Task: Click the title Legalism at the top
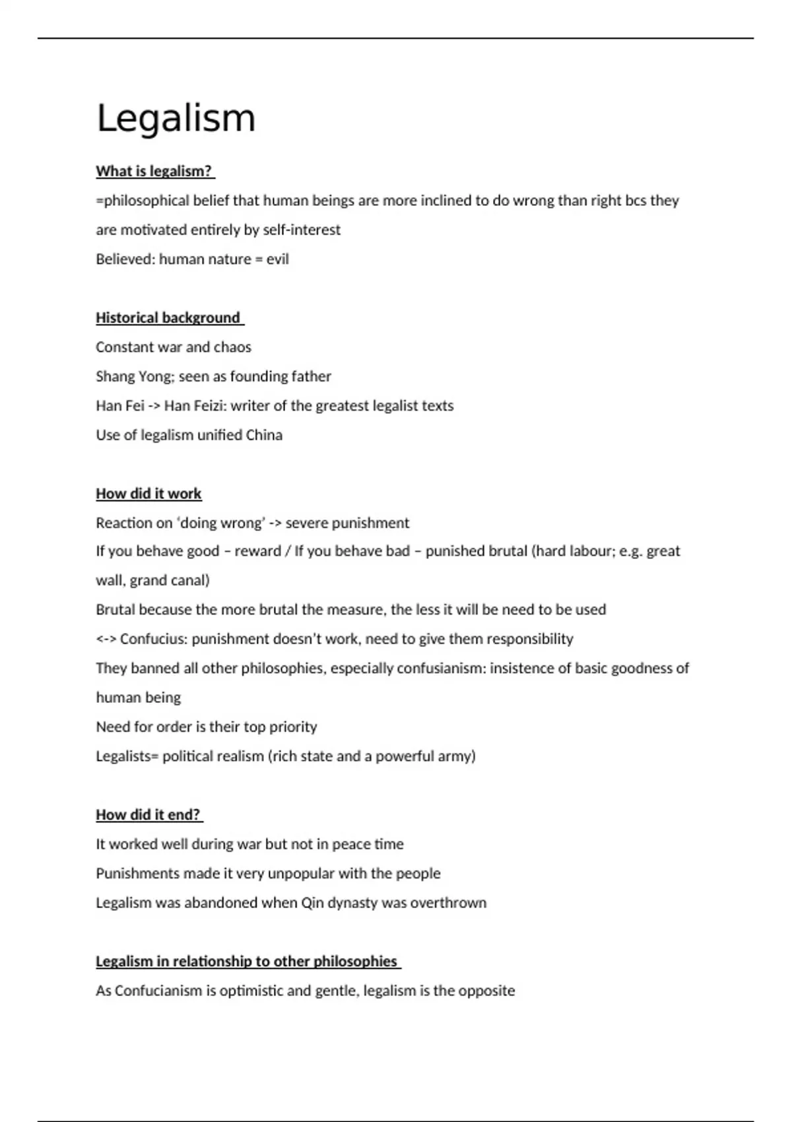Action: point(176,119)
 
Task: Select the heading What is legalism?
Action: point(154,171)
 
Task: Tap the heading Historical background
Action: point(168,317)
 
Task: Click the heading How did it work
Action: point(148,494)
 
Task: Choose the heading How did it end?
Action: point(148,814)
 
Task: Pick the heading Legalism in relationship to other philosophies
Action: point(247,961)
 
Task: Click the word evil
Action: point(278,259)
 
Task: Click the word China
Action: point(264,435)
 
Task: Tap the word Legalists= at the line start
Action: point(127,756)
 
